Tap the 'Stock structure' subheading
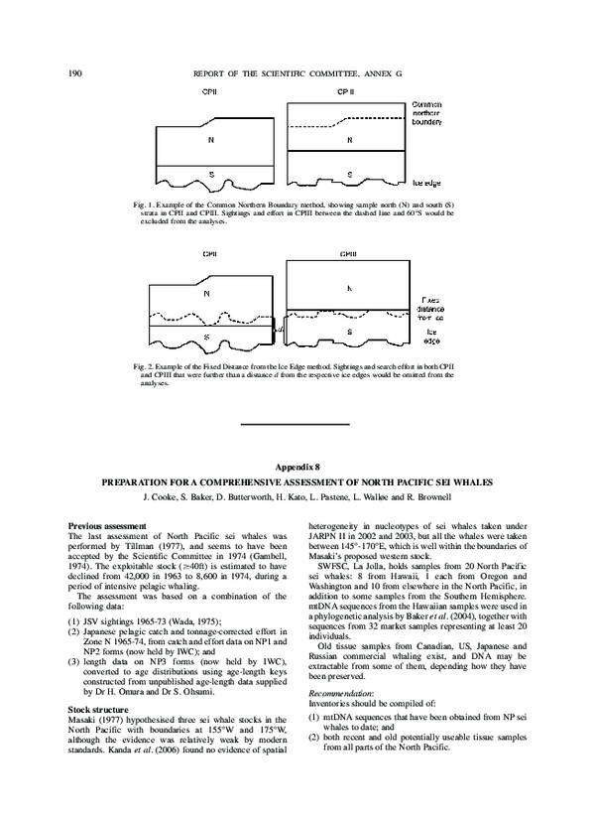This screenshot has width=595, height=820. pyautogui.click(x=96, y=710)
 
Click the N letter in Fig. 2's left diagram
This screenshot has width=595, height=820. pyautogui.click(x=206, y=294)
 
